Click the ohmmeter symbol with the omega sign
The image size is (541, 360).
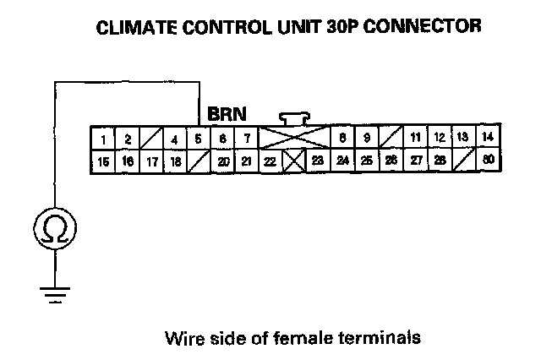(x=55, y=227)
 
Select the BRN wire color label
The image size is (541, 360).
(x=227, y=112)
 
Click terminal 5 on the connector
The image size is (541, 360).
(x=198, y=138)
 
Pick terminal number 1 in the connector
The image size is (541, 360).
(x=103, y=138)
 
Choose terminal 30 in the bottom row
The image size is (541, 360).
(x=488, y=160)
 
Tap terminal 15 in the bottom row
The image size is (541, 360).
(x=103, y=160)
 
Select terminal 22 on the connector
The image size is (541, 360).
(x=270, y=160)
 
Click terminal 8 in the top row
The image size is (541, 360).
(x=342, y=138)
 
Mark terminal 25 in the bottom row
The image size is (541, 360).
(x=366, y=160)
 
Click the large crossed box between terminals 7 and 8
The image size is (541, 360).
(x=293, y=138)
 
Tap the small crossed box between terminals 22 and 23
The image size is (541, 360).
(x=293, y=160)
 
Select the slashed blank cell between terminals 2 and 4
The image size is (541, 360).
(x=150, y=138)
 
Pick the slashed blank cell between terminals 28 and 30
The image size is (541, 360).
(x=463, y=160)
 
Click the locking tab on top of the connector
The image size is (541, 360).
(x=293, y=117)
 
